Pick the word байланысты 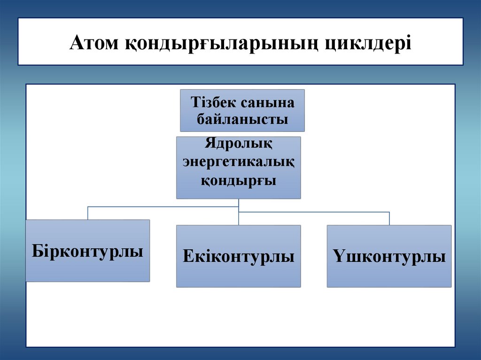pyautogui.click(x=242, y=119)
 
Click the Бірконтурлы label pyautogui.click(x=88, y=250)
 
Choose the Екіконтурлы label pyautogui.click(x=239, y=256)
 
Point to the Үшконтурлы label pyautogui.click(x=389, y=256)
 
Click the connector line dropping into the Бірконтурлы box pyautogui.click(x=88, y=213)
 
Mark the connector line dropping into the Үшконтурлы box pyautogui.click(x=389, y=219)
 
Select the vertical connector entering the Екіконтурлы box pyautogui.click(x=239, y=219)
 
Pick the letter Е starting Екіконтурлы pyautogui.click(x=187, y=256)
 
